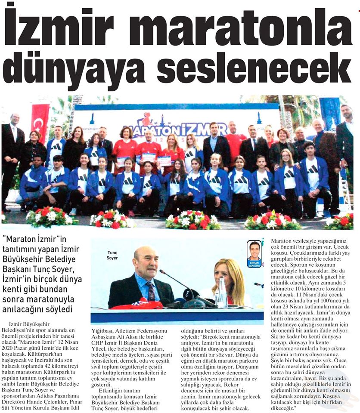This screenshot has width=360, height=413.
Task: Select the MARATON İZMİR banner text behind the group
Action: (181, 128)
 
